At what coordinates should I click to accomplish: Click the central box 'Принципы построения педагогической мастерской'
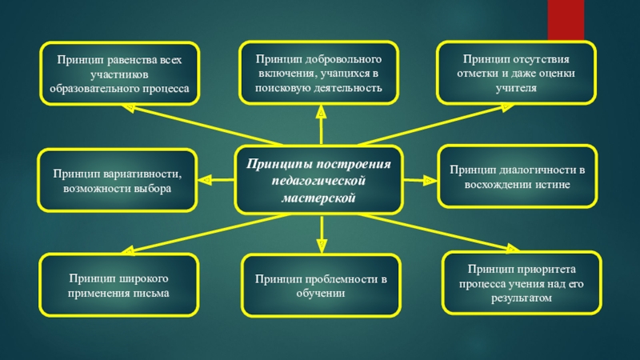point(319,180)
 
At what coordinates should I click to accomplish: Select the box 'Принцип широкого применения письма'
point(119,285)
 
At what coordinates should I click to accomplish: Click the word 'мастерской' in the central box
point(319,197)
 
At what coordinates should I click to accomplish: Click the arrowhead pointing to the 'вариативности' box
point(205,181)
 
